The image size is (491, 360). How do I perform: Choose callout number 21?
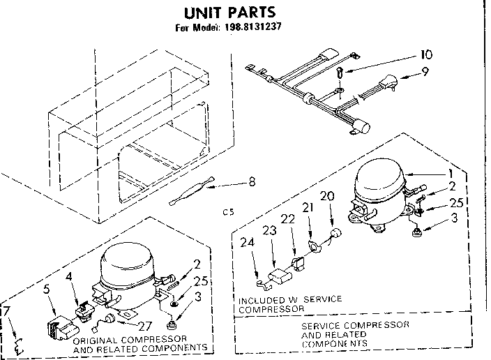click(x=307, y=208)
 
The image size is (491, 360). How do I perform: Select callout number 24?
click(x=246, y=243)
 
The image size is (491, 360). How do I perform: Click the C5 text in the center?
click(x=227, y=210)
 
